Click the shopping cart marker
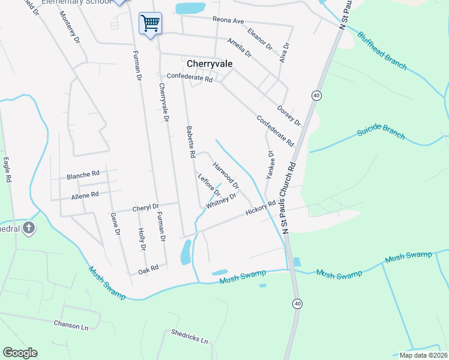pos(150,23)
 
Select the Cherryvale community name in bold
pos(209,63)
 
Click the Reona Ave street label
pos(228,21)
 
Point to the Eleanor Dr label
pos(260,38)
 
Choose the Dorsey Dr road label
pos(289,115)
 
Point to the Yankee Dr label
pos(271,165)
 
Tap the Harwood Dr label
pos(226,173)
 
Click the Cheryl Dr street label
pos(145,207)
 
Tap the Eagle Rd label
pos(7,170)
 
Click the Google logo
pos(20,353)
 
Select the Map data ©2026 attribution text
pos(423,355)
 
